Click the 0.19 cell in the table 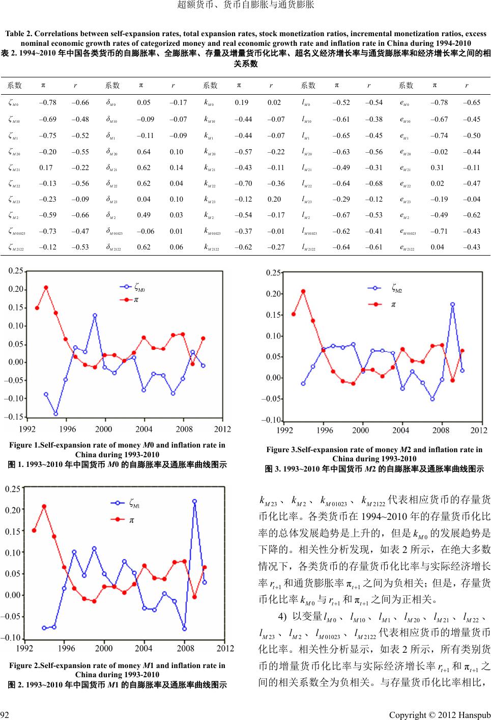[242, 102]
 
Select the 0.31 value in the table [437, 168]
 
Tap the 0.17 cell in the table [46, 168]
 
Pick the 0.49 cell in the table [143, 215]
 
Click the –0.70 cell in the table [243, 183]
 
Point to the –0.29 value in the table [341, 199]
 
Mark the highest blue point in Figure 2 [195, 502]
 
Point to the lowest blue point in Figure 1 [56, 413]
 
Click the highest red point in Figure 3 [303, 291]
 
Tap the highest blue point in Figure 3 [452, 304]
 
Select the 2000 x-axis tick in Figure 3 [360, 430]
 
